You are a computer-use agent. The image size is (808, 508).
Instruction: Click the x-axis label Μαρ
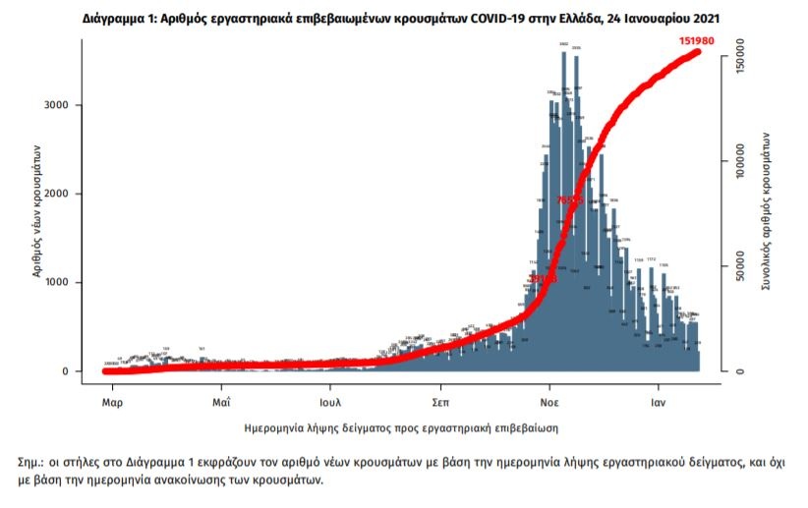click(x=111, y=402)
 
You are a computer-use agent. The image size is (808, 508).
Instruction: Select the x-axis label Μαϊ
click(x=220, y=402)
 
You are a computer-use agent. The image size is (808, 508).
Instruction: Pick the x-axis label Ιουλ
click(x=330, y=402)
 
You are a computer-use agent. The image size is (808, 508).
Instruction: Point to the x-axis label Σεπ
click(x=440, y=402)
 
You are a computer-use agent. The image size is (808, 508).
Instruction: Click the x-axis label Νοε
click(x=549, y=402)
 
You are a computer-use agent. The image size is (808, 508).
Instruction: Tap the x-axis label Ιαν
click(x=659, y=402)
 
